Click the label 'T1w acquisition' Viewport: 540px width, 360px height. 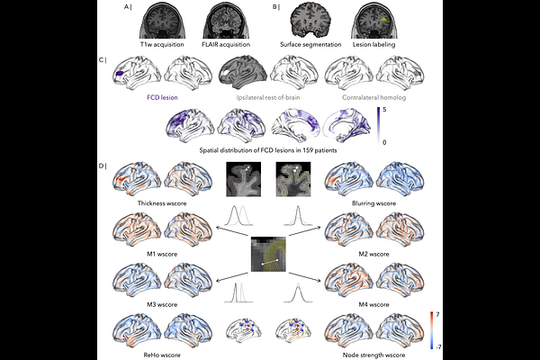pyautogui.click(x=162, y=44)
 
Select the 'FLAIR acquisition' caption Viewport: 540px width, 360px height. pyautogui.click(x=226, y=44)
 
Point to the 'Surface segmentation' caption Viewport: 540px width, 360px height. pyautogui.click(x=310, y=44)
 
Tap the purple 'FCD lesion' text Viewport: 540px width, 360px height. pyautogui.click(x=162, y=97)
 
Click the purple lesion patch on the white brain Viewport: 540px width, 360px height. pyautogui.click(x=121, y=74)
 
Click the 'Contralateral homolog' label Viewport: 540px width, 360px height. pyautogui.click(x=374, y=97)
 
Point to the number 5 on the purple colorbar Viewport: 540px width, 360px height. pyautogui.click(x=384, y=110)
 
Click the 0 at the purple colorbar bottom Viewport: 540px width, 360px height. pyautogui.click(x=384, y=142)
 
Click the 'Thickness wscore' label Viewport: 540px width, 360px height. pyautogui.click(x=162, y=203)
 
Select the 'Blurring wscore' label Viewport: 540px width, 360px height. pyautogui.click(x=374, y=203)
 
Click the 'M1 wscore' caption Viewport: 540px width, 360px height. pyautogui.click(x=162, y=254)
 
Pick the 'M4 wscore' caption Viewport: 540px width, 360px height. pyautogui.click(x=374, y=304)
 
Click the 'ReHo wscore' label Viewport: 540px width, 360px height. pyautogui.click(x=162, y=355)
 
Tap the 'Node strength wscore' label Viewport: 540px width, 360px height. pyautogui.click(x=374, y=355)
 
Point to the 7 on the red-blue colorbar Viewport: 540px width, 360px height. pyautogui.click(x=437, y=314)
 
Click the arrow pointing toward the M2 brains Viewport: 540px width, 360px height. pyautogui.click(x=305, y=231)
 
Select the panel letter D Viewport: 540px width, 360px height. pyautogui.click(x=101, y=166)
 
